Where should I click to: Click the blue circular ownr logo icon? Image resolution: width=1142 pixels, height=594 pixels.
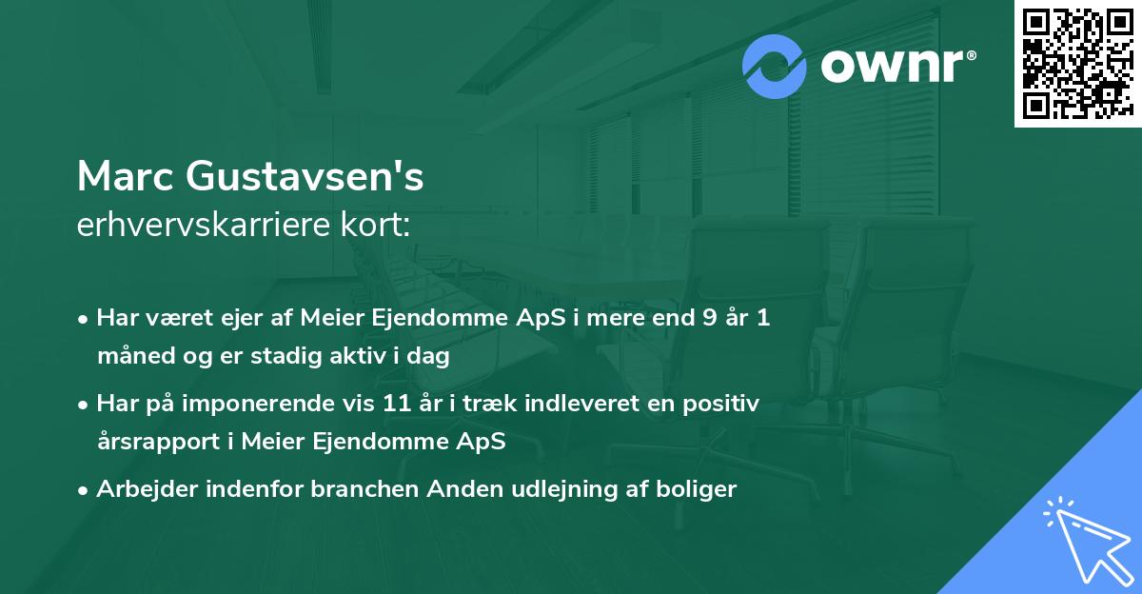coord(776,67)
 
